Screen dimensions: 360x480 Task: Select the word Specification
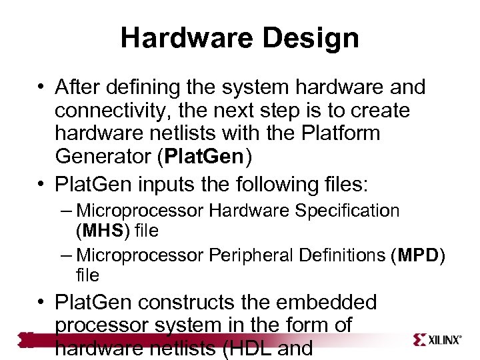coord(348,211)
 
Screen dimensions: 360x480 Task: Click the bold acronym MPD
coord(417,255)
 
